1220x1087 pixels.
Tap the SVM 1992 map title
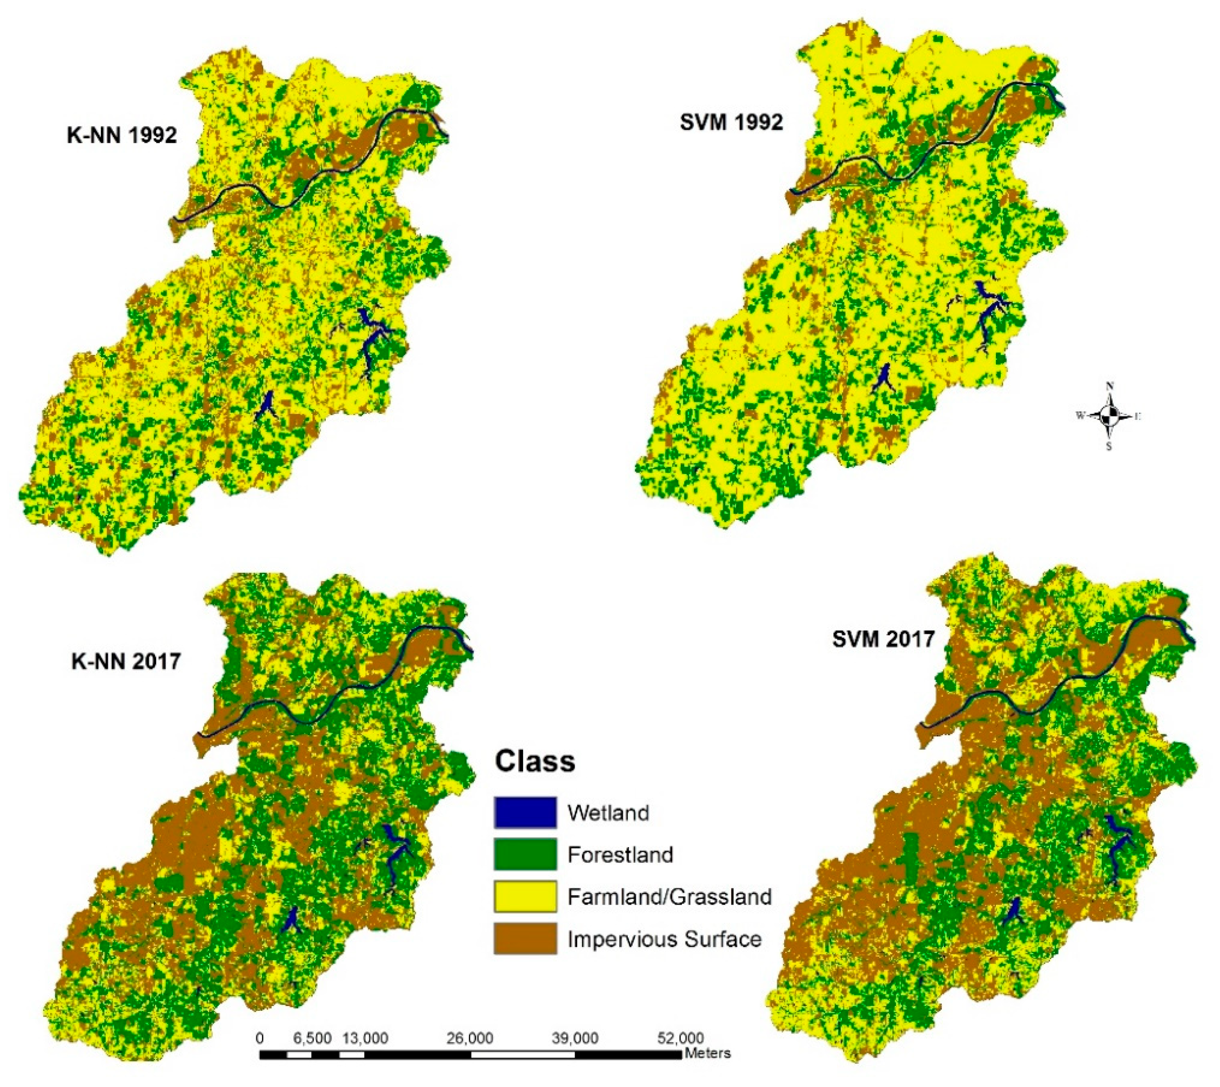click(x=731, y=122)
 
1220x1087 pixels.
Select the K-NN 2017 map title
click(x=125, y=661)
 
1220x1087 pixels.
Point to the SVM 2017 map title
click(x=883, y=639)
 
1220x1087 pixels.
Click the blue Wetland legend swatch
click(x=525, y=812)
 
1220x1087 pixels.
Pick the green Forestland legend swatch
click(x=525, y=854)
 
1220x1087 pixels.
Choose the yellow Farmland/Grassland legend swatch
click(x=525, y=896)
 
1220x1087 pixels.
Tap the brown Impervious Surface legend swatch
click(x=525, y=938)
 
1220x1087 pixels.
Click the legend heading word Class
click(x=535, y=762)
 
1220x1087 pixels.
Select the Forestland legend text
click(x=620, y=855)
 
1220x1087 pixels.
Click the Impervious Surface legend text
click(x=664, y=939)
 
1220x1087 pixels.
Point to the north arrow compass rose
click(x=1109, y=416)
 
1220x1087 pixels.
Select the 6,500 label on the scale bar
click(x=312, y=1038)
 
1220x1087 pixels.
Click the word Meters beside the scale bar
click(x=708, y=1053)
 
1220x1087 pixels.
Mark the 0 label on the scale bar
click(x=259, y=1038)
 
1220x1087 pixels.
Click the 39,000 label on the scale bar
click(x=575, y=1038)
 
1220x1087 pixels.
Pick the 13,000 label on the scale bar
click(x=365, y=1038)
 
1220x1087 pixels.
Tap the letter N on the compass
click(x=1109, y=385)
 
